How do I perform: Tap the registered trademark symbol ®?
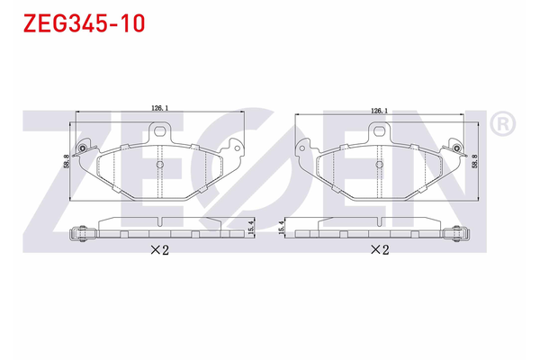click(x=505, y=122)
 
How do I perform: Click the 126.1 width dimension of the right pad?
click(x=379, y=110)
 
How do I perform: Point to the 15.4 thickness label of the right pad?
click(x=283, y=229)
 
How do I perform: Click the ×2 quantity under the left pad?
click(x=159, y=251)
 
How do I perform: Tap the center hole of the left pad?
click(x=159, y=165)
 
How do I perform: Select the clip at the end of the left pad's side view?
click(x=82, y=232)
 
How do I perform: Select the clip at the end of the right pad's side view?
click(x=459, y=232)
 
